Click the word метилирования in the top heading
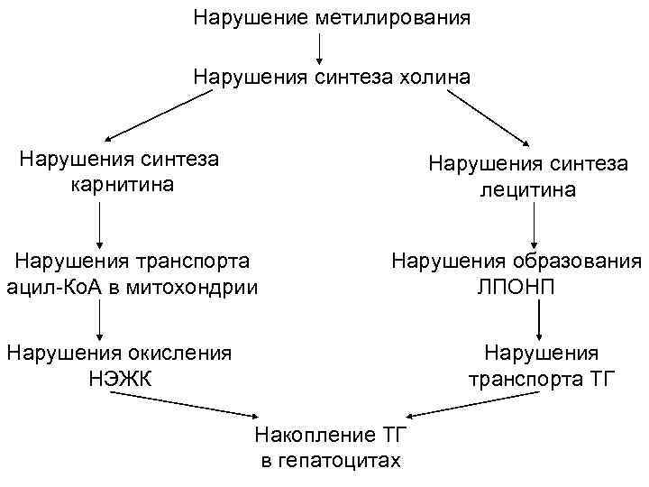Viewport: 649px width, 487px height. point(392,18)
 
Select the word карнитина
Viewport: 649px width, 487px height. point(121,186)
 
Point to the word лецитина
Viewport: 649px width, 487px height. point(528,191)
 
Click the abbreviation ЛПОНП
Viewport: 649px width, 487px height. point(516,288)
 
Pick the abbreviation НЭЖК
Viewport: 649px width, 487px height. point(120,378)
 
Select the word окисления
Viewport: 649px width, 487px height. point(179,352)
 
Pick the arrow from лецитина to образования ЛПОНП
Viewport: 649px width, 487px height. point(535,225)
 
